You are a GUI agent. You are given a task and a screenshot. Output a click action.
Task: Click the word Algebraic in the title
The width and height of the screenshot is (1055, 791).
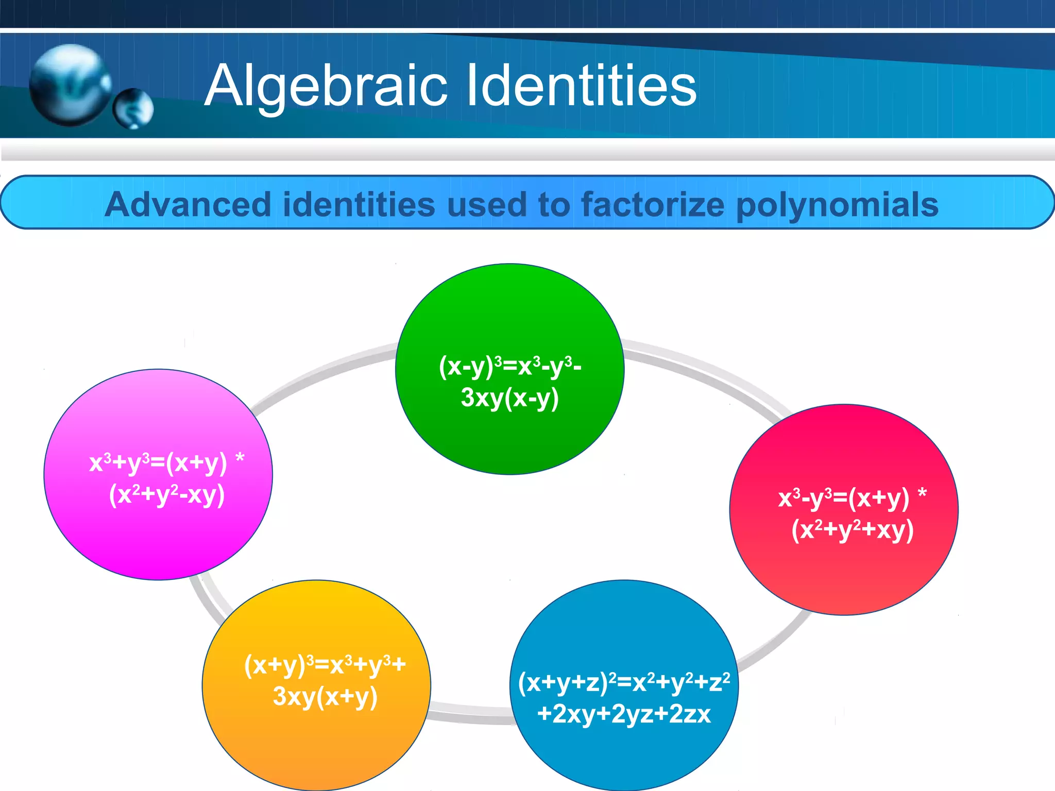pyautogui.click(x=326, y=87)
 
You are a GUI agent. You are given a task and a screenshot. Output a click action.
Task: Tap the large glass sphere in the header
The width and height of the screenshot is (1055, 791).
pyautogui.click(x=70, y=85)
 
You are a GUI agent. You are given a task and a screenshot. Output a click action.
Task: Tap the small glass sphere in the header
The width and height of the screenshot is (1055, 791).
pyautogui.click(x=133, y=108)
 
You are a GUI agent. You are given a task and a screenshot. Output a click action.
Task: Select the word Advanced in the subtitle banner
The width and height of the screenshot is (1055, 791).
pyautogui.click(x=188, y=204)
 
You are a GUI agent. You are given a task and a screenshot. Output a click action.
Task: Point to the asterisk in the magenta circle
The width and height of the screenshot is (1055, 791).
pyautogui.click(x=240, y=457)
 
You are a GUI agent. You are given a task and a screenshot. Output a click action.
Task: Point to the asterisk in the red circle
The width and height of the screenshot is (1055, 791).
pyautogui.click(x=922, y=493)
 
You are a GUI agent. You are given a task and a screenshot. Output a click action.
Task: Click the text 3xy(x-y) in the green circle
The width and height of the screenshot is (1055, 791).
pyautogui.click(x=509, y=398)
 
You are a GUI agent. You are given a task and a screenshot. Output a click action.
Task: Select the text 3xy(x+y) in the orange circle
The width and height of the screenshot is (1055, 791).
pyautogui.click(x=325, y=696)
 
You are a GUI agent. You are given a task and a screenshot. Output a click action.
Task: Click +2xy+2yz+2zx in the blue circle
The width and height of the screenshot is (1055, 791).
pyautogui.click(x=624, y=714)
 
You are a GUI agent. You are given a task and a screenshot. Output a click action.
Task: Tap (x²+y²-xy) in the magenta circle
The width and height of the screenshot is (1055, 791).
pyautogui.click(x=167, y=495)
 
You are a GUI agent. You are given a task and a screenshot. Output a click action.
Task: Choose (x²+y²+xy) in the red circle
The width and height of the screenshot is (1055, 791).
pyautogui.click(x=853, y=530)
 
